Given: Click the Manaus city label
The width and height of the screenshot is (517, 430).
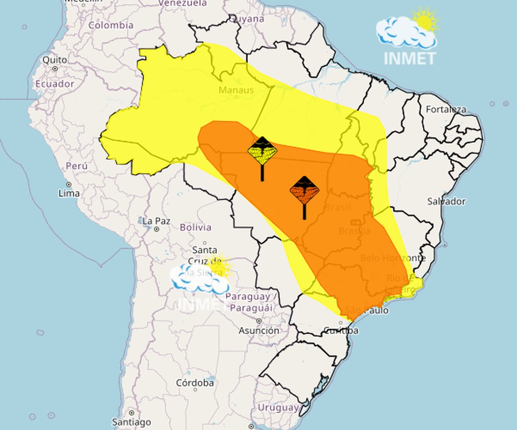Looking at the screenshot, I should [x=236, y=90].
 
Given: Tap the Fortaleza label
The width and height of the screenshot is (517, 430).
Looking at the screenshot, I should [x=446, y=110].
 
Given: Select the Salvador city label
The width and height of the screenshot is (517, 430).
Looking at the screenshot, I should [x=446, y=201].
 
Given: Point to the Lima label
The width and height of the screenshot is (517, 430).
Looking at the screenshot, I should [x=69, y=193].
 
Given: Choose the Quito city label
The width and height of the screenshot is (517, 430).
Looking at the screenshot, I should [x=55, y=60].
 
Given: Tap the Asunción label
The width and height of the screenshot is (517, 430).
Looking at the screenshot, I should [x=259, y=331].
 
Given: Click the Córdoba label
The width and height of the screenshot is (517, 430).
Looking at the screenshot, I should [x=195, y=383].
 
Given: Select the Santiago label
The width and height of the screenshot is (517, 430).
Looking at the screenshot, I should [x=131, y=422].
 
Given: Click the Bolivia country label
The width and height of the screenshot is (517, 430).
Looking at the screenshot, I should [x=195, y=228].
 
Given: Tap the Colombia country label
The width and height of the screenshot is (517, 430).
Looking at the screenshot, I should [x=111, y=25].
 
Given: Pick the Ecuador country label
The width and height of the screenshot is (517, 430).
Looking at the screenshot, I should [x=55, y=84].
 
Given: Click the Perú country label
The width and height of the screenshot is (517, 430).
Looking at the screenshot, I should [x=77, y=166].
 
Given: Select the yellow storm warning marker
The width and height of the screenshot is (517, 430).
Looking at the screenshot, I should [x=262, y=151].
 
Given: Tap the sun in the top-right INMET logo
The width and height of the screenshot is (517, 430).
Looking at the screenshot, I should [x=425, y=19].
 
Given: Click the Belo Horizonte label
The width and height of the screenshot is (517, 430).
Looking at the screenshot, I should [x=392, y=258].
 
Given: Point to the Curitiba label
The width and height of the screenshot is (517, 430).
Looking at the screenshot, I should [x=341, y=331].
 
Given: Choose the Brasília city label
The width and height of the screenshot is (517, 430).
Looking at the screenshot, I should [x=354, y=231].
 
